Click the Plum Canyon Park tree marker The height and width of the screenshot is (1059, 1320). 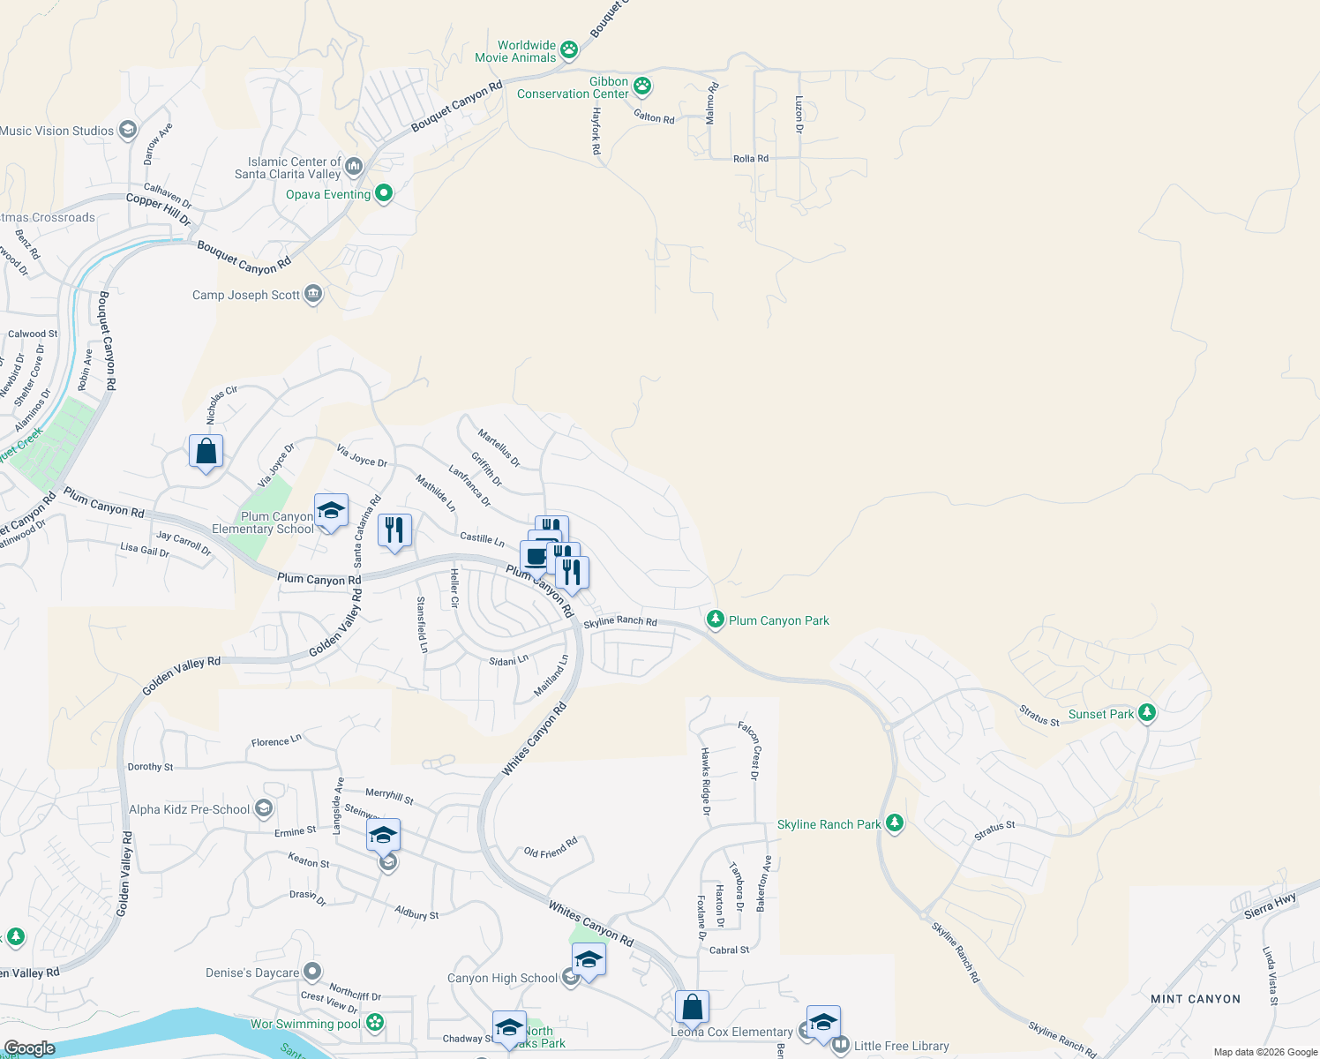716,620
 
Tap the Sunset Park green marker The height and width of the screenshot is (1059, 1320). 1146,713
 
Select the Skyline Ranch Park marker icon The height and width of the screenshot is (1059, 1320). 895,823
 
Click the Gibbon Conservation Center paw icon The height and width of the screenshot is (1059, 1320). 642,86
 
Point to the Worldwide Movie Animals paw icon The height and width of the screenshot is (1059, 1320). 569,50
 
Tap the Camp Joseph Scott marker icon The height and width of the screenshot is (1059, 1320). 313,294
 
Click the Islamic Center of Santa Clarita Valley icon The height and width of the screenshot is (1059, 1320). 354,167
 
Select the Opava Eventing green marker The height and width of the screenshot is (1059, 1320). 384,193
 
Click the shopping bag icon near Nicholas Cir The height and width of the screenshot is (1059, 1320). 206,452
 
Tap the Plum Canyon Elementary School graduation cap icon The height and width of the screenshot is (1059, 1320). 331,511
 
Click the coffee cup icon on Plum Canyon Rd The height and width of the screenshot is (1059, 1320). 536,558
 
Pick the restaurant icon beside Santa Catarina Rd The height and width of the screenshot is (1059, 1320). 394,530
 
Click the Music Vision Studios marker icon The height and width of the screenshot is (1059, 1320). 127,131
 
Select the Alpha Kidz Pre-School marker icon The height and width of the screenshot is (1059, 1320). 263,808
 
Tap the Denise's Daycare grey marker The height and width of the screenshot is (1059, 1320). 312,972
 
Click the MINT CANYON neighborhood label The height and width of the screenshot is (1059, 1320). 1196,999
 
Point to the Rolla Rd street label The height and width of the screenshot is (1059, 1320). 751,159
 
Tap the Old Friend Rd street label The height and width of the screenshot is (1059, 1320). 551,848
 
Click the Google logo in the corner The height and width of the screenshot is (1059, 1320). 29,1048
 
